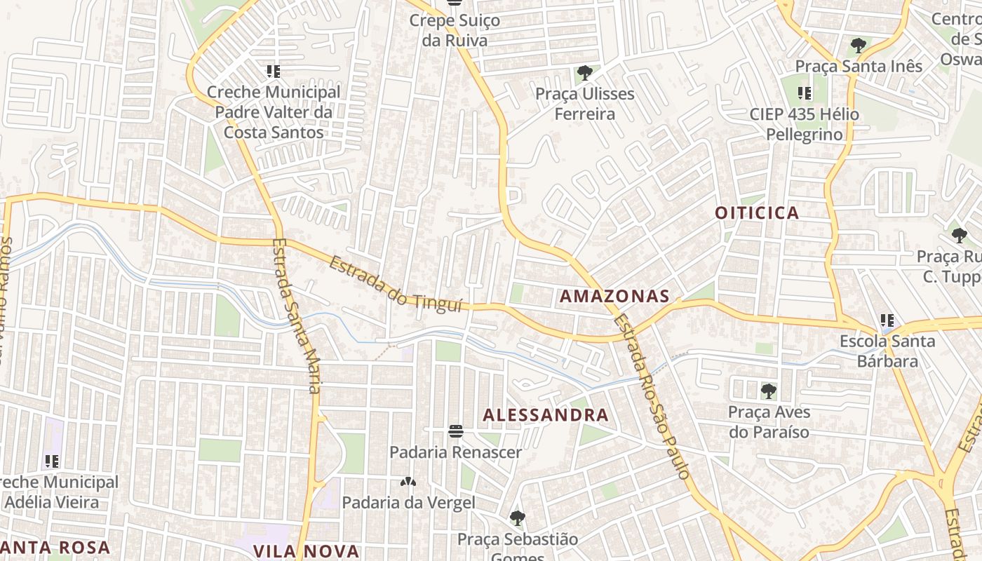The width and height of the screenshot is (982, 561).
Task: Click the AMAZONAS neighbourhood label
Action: click(x=614, y=297)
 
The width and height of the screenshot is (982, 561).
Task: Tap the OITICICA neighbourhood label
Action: click(x=758, y=213)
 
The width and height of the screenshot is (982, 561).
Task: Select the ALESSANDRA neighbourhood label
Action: click(x=546, y=415)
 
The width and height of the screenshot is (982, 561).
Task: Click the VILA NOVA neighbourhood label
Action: click(x=307, y=551)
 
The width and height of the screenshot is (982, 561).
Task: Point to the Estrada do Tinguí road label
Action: click(x=396, y=285)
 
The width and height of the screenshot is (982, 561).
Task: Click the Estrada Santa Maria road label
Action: click(x=295, y=316)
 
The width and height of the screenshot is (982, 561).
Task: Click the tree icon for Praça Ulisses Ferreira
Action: click(x=584, y=72)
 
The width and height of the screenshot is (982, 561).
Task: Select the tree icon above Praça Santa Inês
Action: click(x=858, y=46)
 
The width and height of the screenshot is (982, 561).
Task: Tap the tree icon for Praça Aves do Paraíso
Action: click(x=769, y=391)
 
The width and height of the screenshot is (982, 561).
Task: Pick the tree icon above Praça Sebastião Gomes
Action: click(x=518, y=519)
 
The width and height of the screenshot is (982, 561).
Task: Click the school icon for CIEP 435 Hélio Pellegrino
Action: click(x=805, y=93)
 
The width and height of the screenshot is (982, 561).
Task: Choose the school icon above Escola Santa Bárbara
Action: click(x=887, y=321)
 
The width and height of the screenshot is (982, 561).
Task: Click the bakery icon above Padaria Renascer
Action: click(x=456, y=431)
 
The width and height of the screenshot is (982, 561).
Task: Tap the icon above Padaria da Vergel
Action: click(x=408, y=482)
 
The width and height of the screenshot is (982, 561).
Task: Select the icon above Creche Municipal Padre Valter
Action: click(x=273, y=72)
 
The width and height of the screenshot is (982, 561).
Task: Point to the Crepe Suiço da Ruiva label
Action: click(x=455, y=30)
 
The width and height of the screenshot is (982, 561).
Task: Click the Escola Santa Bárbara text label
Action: click(x=887, y=351)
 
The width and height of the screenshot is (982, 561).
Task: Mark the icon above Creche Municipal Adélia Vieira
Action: click(x=52, y=461)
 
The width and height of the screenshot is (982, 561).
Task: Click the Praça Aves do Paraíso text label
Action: click(x=769, y=421)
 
